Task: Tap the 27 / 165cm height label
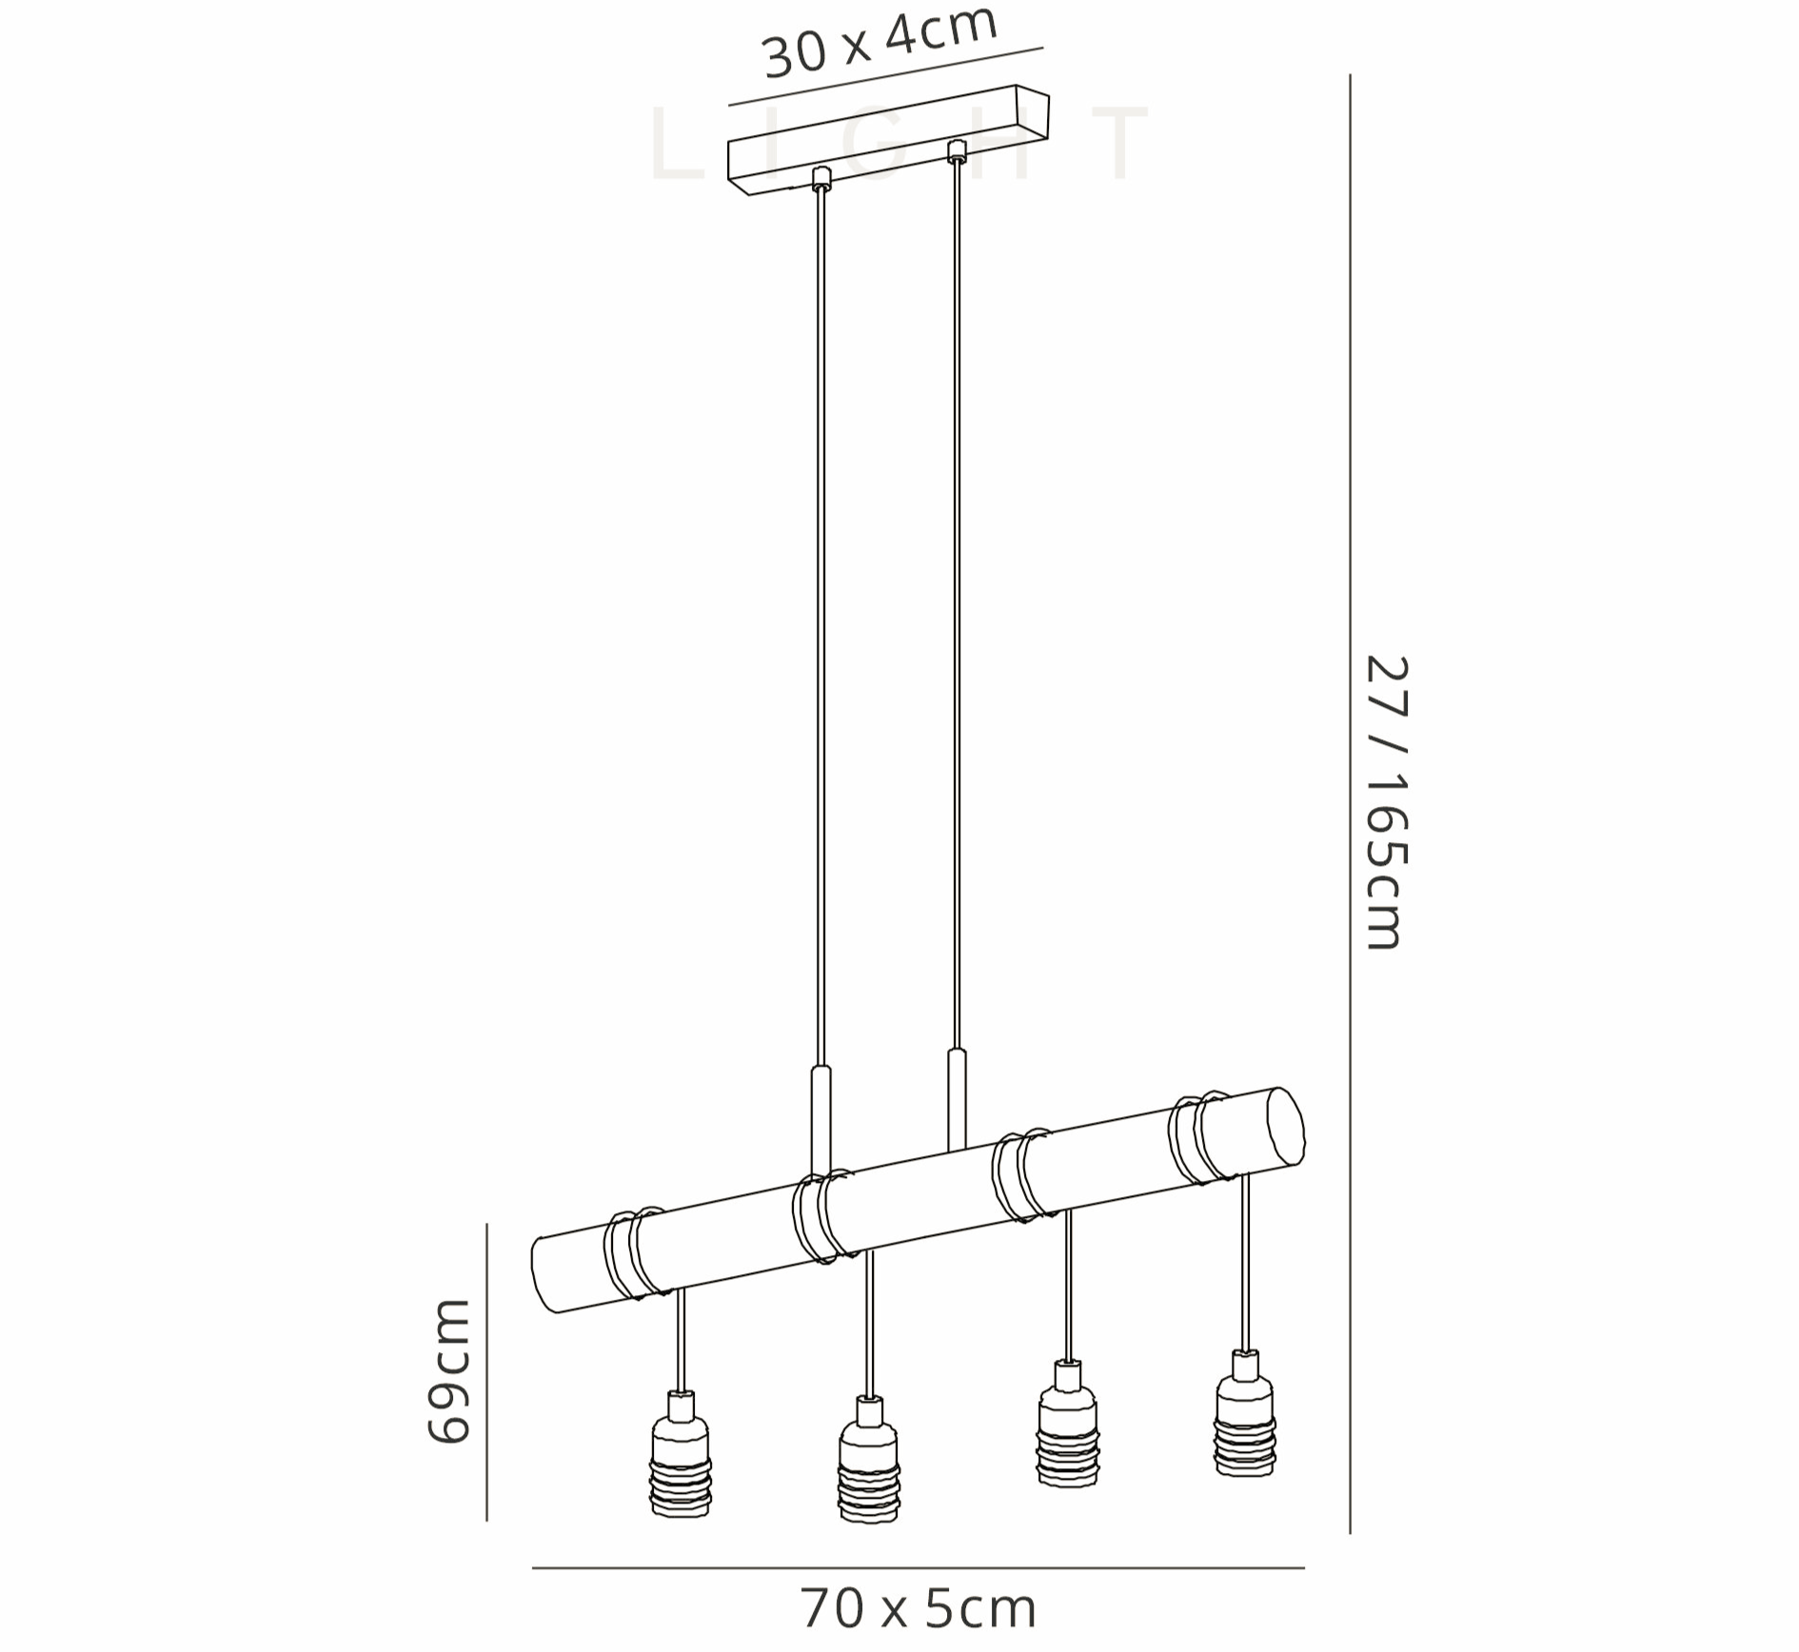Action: tap(1386, 802)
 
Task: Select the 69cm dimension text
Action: tap(448, 1370)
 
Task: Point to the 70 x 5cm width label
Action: tap(918, 1607)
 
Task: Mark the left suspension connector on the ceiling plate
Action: tap(820, 177)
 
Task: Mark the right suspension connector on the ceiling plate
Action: tap(957, 149)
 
